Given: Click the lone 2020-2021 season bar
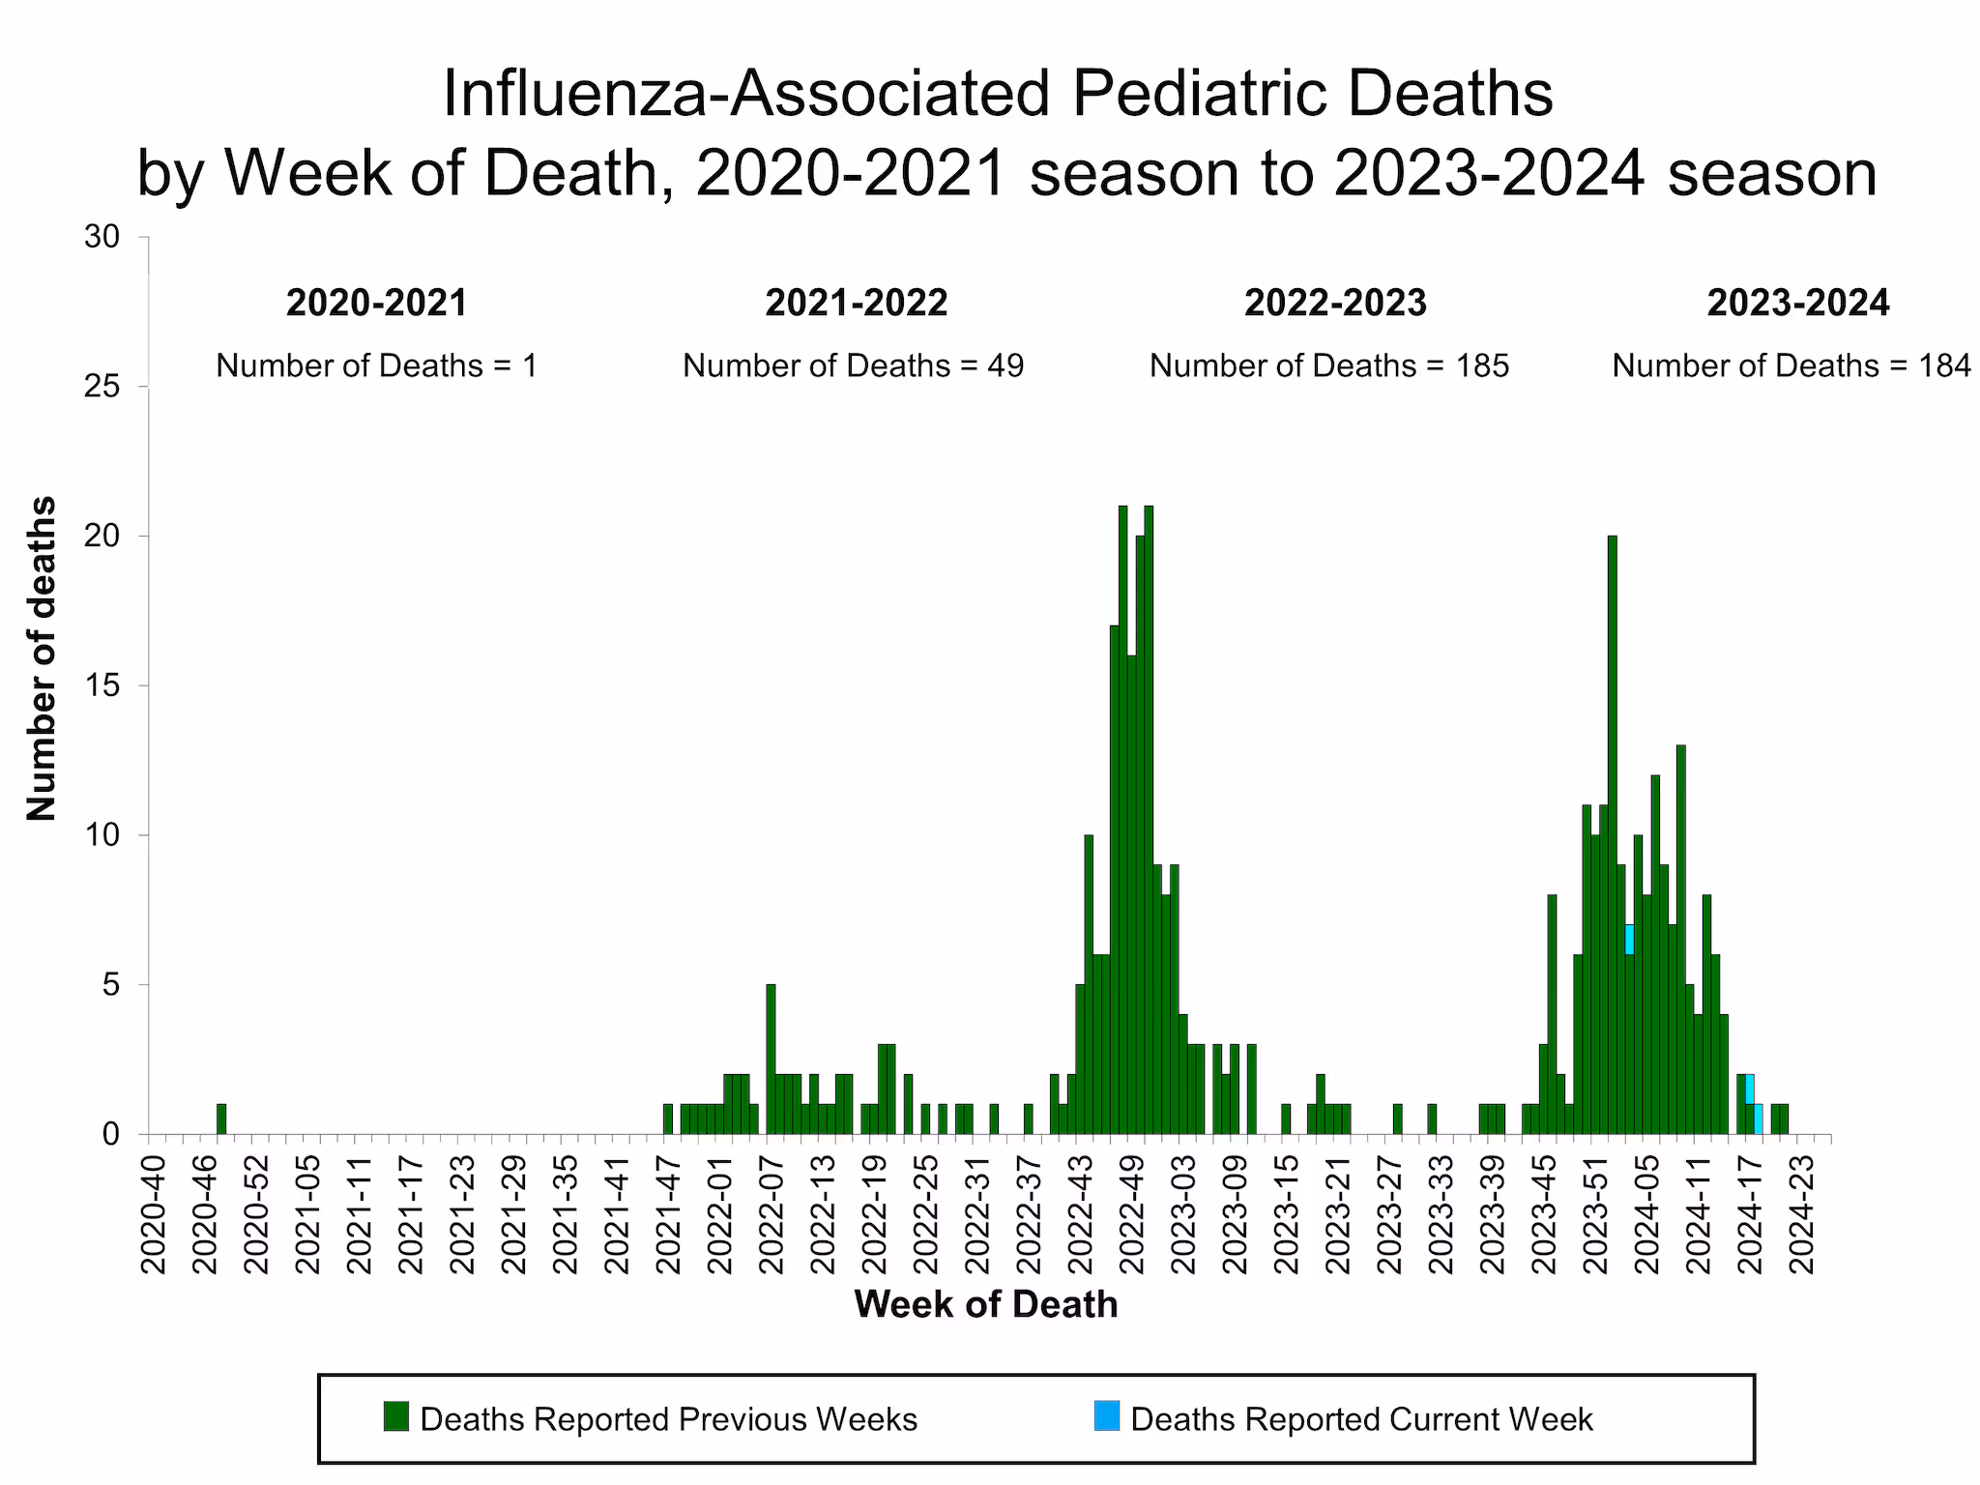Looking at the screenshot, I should coord(221,1119).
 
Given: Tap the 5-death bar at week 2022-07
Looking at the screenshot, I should coord(771,1059).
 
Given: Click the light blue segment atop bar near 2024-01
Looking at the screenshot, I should coord(1629,939).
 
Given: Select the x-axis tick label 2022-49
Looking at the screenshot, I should coord(1130,1213).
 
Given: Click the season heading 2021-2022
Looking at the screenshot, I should coord(856,304).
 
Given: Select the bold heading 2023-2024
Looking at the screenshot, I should coord(1797,304).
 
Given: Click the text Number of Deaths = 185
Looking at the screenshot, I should coord(1328,365).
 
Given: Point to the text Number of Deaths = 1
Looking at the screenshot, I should coord(376,365).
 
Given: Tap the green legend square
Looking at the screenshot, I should coord(395,1416).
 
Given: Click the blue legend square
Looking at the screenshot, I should coord(1106,1416).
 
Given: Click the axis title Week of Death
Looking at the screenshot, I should coord(985,1304).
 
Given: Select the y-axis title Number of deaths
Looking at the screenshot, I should coord(42,658).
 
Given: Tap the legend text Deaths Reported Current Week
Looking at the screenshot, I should coord(1360,1419).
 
